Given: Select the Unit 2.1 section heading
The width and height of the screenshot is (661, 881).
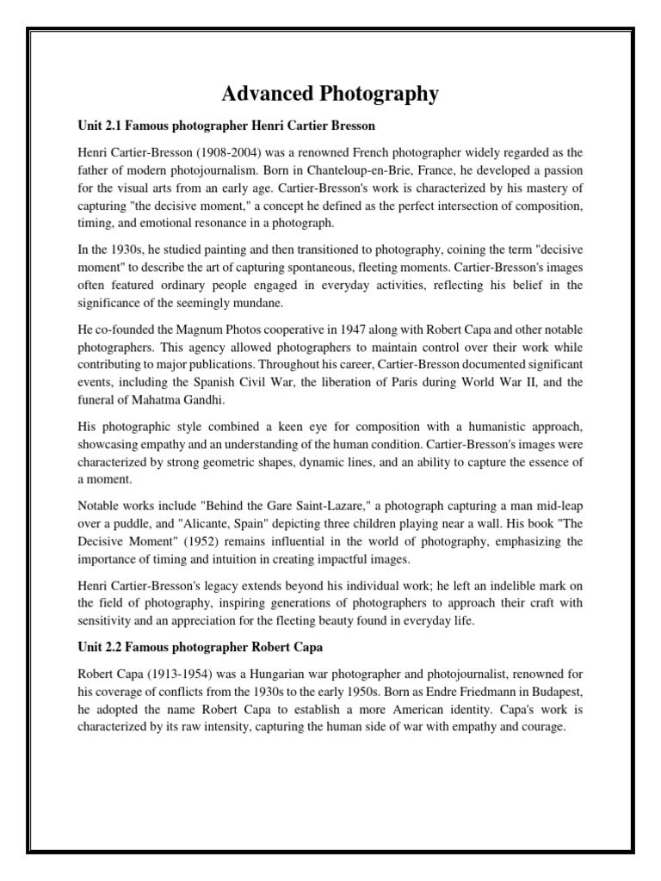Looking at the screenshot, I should (226, 126).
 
